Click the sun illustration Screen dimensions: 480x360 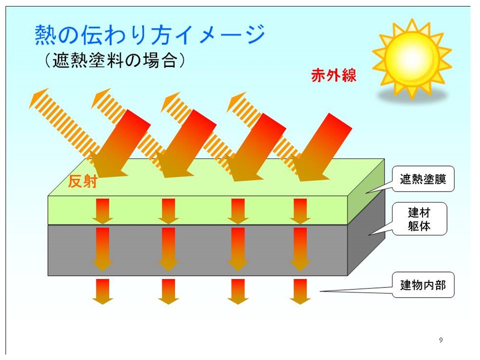[x=412, y=58]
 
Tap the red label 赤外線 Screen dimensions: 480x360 [x=333, y=75]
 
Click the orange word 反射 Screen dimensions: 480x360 [x=82, y=181]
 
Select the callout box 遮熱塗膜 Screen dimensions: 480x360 [x=423, y=179]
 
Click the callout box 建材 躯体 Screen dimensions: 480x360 [x=419, y=219]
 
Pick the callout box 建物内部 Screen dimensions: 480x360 [x=423, y=285]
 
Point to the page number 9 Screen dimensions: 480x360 [x=441, y=340]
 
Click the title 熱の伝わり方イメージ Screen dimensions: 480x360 [x=149, y=34]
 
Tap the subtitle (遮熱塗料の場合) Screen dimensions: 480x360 [x=115, y=60]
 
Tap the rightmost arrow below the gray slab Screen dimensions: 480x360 [x=300, y=291]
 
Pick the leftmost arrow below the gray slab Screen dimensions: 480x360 [x=102, y=291]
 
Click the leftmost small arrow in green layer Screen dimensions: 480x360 [x=102, y=211]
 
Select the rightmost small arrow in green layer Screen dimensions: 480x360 [x=300, y=211]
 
